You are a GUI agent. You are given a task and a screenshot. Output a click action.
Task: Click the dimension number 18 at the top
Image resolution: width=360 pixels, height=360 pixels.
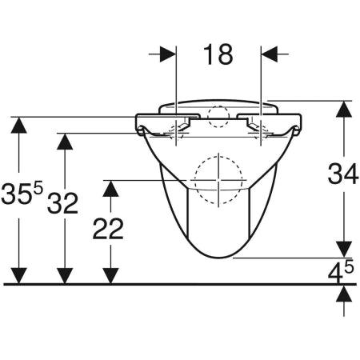pos(218,54)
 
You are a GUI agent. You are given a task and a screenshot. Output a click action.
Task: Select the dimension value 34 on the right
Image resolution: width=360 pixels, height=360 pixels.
pos(343,174)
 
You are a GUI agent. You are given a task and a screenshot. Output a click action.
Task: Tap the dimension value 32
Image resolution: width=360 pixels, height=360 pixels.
pos(63,203)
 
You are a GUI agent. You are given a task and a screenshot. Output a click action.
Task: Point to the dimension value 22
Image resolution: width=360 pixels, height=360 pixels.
pos(108,228)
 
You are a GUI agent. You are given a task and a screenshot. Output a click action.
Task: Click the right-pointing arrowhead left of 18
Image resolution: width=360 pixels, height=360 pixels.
pos(168,54)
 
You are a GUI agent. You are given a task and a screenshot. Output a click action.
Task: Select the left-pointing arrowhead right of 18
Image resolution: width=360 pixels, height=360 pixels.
pos(270,54)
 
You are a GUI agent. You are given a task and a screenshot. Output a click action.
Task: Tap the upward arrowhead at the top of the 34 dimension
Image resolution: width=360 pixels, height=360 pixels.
pos(344,109)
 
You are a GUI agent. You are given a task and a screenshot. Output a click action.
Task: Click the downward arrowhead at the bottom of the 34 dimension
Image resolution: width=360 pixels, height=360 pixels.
pos(344,250)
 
